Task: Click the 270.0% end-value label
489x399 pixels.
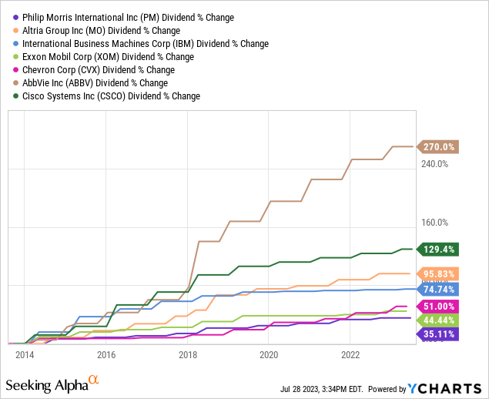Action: pos(439,146)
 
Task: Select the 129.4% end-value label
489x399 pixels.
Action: pos(439,249)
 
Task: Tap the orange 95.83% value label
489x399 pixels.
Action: pos(439,273)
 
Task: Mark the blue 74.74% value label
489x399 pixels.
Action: pos(439,289)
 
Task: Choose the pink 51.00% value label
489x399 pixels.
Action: pos(439,306)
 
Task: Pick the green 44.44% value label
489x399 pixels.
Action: pos(439,320)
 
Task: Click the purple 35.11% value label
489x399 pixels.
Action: pos(439,334)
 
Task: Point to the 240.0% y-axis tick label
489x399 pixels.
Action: pos(434,164)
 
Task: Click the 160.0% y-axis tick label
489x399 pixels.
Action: pos(434,223)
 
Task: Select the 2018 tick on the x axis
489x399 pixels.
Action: pos(188,354)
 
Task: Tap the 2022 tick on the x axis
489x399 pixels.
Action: pos(350,354)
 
